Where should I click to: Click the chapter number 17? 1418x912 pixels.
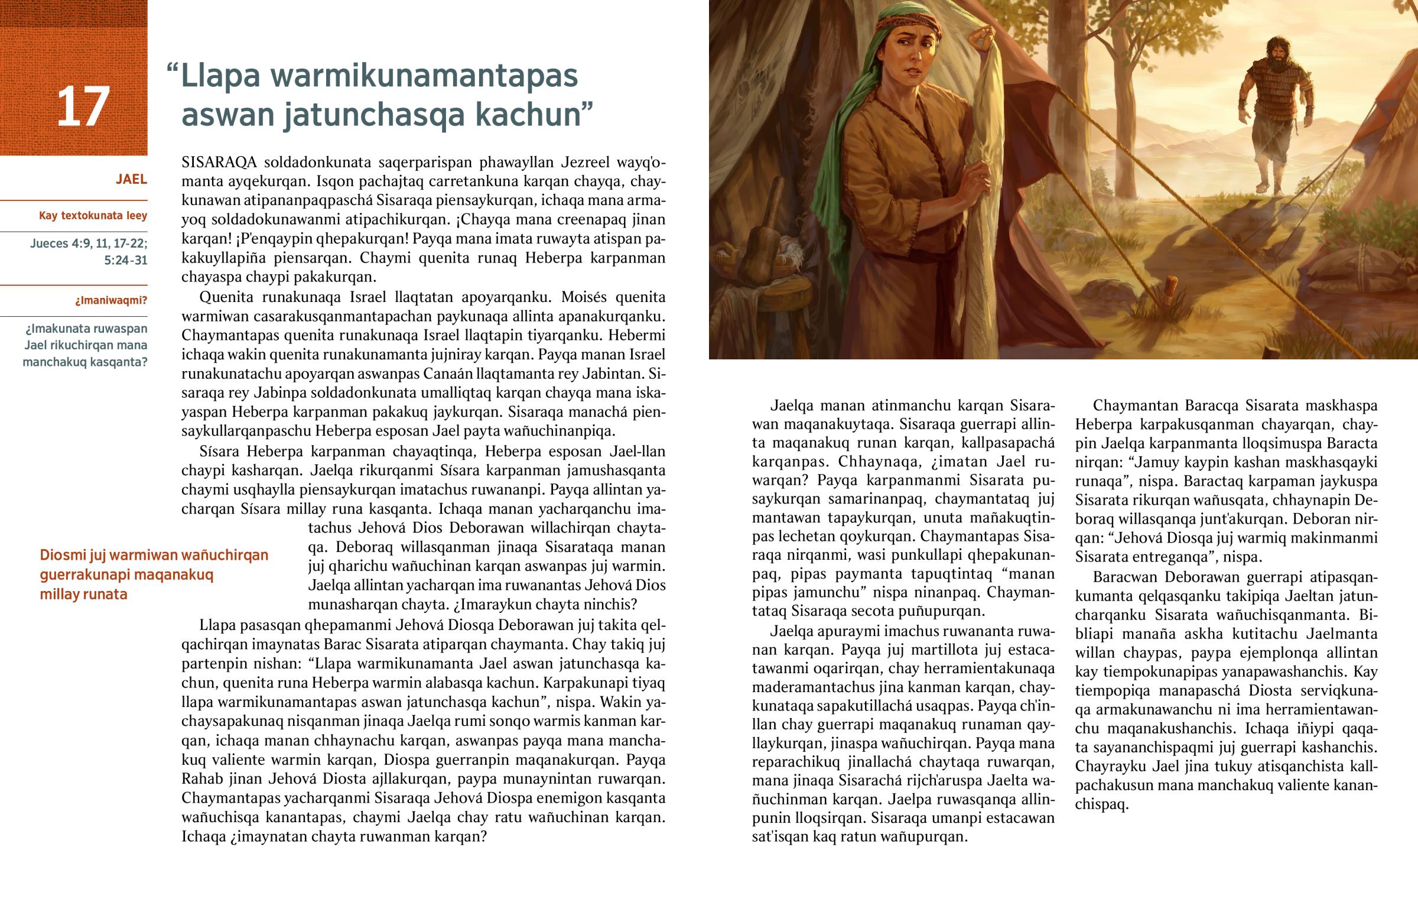point(83,106)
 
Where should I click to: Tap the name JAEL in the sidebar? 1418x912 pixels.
point(131,180)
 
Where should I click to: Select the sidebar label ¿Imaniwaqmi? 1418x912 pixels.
point(110,300)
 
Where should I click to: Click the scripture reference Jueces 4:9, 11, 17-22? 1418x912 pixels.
point(89,244)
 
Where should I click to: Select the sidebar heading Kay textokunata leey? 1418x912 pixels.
point(93,216)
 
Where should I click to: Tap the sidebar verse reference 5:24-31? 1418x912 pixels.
point(125,261)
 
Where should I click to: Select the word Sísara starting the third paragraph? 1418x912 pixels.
point(219,451)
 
